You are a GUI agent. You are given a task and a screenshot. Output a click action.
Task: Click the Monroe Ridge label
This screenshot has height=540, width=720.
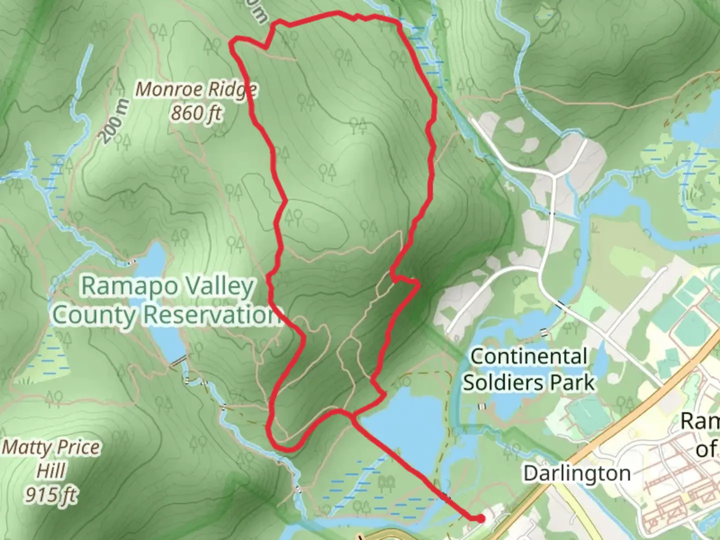coord(196,90)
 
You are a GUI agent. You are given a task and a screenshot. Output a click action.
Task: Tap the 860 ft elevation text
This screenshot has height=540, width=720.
coord(196,113)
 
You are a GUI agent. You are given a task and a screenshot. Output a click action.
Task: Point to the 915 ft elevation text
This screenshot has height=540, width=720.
coord(51,494)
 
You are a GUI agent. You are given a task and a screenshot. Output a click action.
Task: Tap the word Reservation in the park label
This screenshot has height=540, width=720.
coord(210,315)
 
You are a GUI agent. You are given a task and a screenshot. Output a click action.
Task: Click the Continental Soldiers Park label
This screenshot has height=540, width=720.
coord(528,369)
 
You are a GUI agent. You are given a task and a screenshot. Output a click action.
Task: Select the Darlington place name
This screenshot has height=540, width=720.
coord(576,473)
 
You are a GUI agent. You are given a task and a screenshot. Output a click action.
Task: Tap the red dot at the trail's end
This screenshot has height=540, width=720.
coord(480,519)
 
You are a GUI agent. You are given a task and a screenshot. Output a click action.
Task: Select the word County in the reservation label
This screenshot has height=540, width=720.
coord(94,315)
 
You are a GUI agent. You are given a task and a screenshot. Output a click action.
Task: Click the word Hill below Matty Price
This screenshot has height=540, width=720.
coord(51,470)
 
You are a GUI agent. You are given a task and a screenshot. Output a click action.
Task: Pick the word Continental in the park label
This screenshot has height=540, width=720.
coord(528,356)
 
